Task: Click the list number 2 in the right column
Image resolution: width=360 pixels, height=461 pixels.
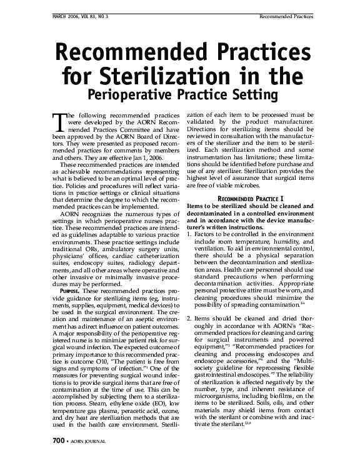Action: tap(189, 319)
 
